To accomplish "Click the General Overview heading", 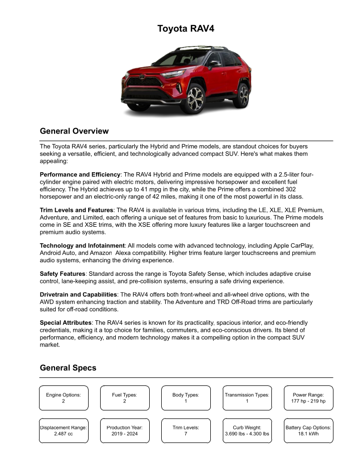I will [x=74, y=131].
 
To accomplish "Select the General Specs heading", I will [x=68, y=368].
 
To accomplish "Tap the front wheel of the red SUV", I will [x=195, y=99].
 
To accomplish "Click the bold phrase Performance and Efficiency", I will [x=80, y=174].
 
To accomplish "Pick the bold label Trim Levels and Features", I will [x=77, y=210].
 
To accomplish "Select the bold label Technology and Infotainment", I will [x=82, y=246].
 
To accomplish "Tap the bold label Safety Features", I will [x=63, y=274].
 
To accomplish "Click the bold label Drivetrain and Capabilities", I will [x=79, y=295].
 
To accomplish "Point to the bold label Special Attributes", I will [x=66, y=323].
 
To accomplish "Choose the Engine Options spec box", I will [x=64, y=398].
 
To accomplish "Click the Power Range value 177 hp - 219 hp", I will [x=308, y=401].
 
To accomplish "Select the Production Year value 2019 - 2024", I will [x=125, y=434].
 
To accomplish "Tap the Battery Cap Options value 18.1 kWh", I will [x=308, y=434].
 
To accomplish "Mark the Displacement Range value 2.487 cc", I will [x=64, y=434].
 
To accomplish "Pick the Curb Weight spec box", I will [x=247, y=430].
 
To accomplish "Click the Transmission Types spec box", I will [x=247, y=398].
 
